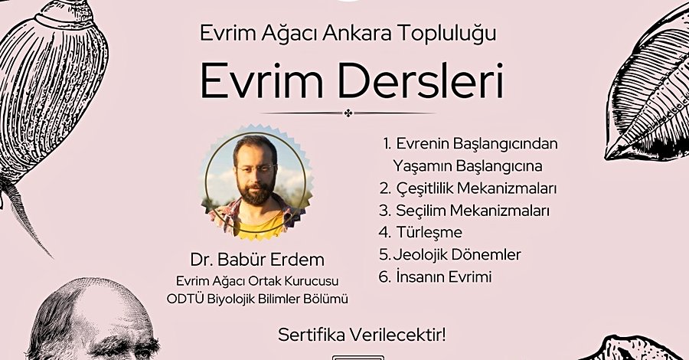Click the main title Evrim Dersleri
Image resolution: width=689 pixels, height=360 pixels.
pyautogui.click(x=351, y=83)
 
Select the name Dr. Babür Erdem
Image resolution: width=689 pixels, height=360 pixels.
pyautogui.click(x=257, y=260)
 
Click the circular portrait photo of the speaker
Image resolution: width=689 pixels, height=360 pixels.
pyautogui.click(x=256, y=182)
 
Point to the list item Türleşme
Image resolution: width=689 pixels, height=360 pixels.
pyautogui.click(x=429, y=231)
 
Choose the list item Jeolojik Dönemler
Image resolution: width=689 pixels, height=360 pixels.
pyautogui.click(x=457, y=254)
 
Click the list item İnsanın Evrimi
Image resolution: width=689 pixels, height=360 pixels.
pyautogui.click(x=444, y=277)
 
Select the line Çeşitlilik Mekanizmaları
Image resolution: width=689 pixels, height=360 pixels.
pyautogui.click(x=476, y=188)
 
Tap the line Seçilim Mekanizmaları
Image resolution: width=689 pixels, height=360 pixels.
pyautogui.click(x=473, y=211)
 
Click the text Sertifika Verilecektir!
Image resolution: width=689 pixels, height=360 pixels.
pyautogui.click(x=361, y=335)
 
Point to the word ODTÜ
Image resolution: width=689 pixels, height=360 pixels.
pyautogui.click(x=179, y=299)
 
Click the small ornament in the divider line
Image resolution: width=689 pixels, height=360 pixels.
pyautogui.click(x=348, y=113)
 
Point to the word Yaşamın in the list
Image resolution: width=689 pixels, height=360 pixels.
pyautogui.click(x=423, y=166)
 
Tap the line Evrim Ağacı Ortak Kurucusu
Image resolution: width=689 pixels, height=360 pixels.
pyautogui.click(x=257, y=281)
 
